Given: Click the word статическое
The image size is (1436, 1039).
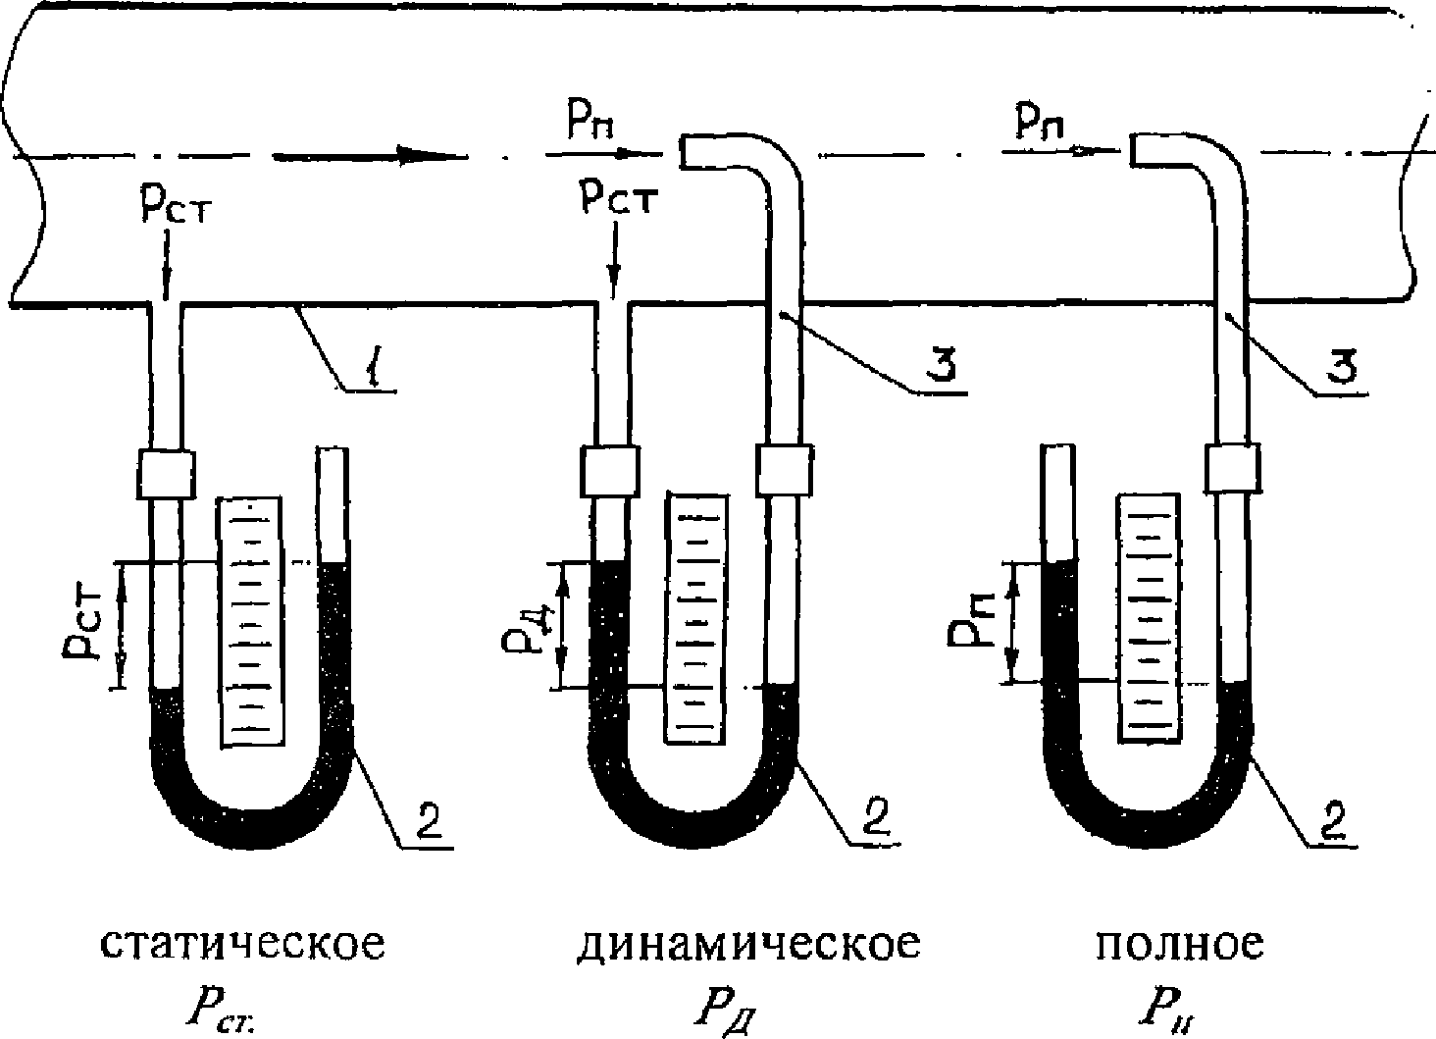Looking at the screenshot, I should (243, 944).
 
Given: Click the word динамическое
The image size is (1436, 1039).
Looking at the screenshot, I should (748, 944).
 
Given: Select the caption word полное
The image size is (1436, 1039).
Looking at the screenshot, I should (1180, 944).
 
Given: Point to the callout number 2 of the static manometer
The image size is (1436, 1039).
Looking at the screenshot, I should (424, 821).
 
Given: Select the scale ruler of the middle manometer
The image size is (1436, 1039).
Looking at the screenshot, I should (696, 616).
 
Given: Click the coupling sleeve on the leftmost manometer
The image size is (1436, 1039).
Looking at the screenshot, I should (167, 474).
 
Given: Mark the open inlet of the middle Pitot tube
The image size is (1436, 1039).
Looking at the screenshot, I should (684, 151).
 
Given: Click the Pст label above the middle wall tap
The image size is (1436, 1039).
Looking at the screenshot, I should (618, 200).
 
